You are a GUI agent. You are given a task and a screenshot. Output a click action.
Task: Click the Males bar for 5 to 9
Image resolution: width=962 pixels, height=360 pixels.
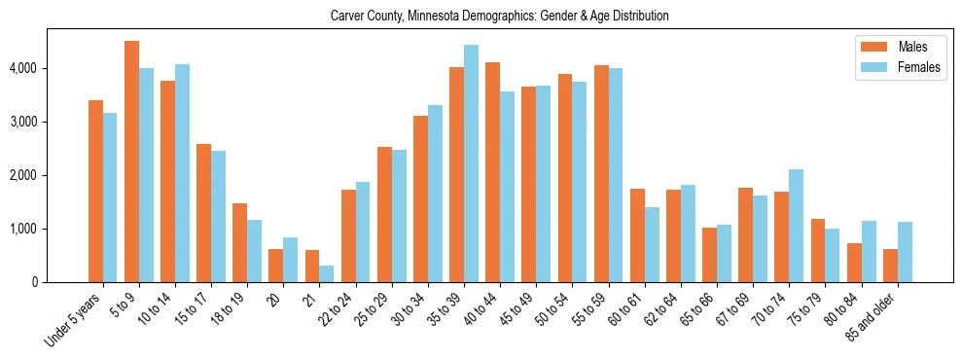click(131, 162)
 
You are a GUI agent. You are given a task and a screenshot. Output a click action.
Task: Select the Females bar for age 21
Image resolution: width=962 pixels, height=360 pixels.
click(327, 273)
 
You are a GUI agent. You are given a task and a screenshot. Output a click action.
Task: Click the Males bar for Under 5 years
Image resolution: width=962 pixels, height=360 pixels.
click(95, 191)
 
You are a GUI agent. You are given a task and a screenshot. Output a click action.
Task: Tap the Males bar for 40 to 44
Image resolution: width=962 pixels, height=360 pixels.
click(492, 172)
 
